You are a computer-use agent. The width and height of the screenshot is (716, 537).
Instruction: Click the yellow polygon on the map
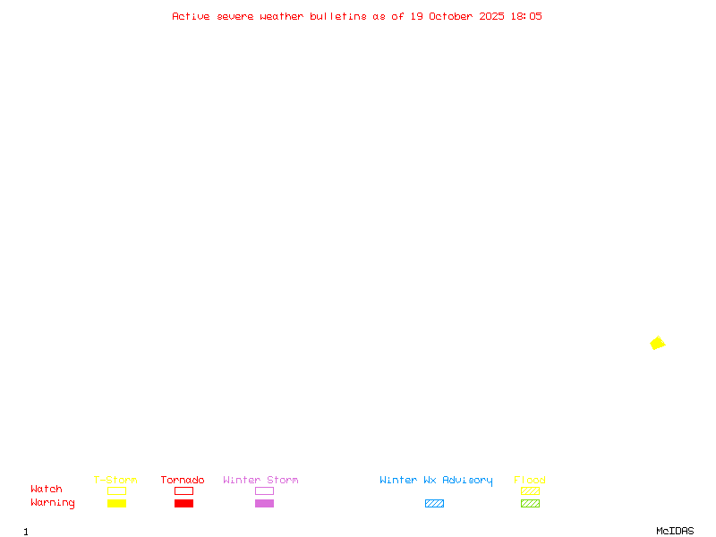[658, 343]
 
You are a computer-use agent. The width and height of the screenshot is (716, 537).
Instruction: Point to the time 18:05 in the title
[526, 16]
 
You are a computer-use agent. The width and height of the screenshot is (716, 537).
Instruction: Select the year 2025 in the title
[492, 16]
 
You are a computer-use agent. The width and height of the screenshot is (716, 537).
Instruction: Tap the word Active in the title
[191, 16]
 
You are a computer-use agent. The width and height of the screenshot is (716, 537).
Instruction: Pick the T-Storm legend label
[115, 481]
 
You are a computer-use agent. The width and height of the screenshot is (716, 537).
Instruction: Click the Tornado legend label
[183, 481]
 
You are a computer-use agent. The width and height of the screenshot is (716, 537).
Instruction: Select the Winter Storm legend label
[260, 481]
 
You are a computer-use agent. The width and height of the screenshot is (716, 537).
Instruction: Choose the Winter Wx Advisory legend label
[436, 481]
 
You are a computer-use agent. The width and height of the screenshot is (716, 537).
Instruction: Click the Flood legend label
[530, 481]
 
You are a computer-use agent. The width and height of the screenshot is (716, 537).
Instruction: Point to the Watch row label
[47, 490]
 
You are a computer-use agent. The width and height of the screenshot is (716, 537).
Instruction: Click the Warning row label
[53, 503]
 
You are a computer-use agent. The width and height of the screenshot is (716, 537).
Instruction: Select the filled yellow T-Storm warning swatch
[116, 504]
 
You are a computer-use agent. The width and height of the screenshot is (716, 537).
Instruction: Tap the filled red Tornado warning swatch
[183, 504]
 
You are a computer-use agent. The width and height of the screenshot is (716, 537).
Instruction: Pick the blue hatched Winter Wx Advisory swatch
[434, 504]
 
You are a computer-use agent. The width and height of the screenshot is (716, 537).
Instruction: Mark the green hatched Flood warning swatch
[530, 504]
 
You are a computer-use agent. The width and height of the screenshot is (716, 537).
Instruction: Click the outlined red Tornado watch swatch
[183, 490]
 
